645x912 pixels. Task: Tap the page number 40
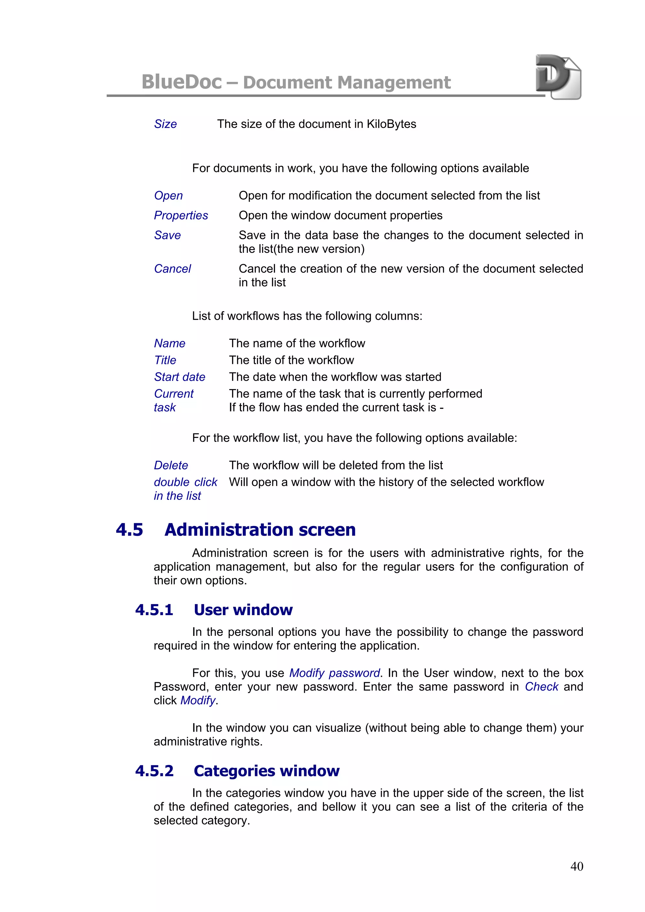tap(576, 866)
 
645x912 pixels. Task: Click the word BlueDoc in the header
tap(182, 82)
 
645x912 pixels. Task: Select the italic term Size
tap(165, 124)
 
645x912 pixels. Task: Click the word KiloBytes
tap(391, 124)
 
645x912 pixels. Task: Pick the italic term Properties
tap(181, 215)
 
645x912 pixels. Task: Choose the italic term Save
tap(167, 235)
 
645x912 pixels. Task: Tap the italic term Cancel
tap(173, 269)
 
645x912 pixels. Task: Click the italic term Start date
tap(180, 377)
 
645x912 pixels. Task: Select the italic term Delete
tap(171, 465)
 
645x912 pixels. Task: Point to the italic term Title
tap(165, 360)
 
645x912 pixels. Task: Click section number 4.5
tap(129, 530)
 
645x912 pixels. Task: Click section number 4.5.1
tap(154, 610)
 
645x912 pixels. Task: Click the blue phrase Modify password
tap(334, 673)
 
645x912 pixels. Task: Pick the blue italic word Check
tap(541, 687)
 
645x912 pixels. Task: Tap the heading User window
tap(243, 610)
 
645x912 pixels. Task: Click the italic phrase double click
tap(186, 482)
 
